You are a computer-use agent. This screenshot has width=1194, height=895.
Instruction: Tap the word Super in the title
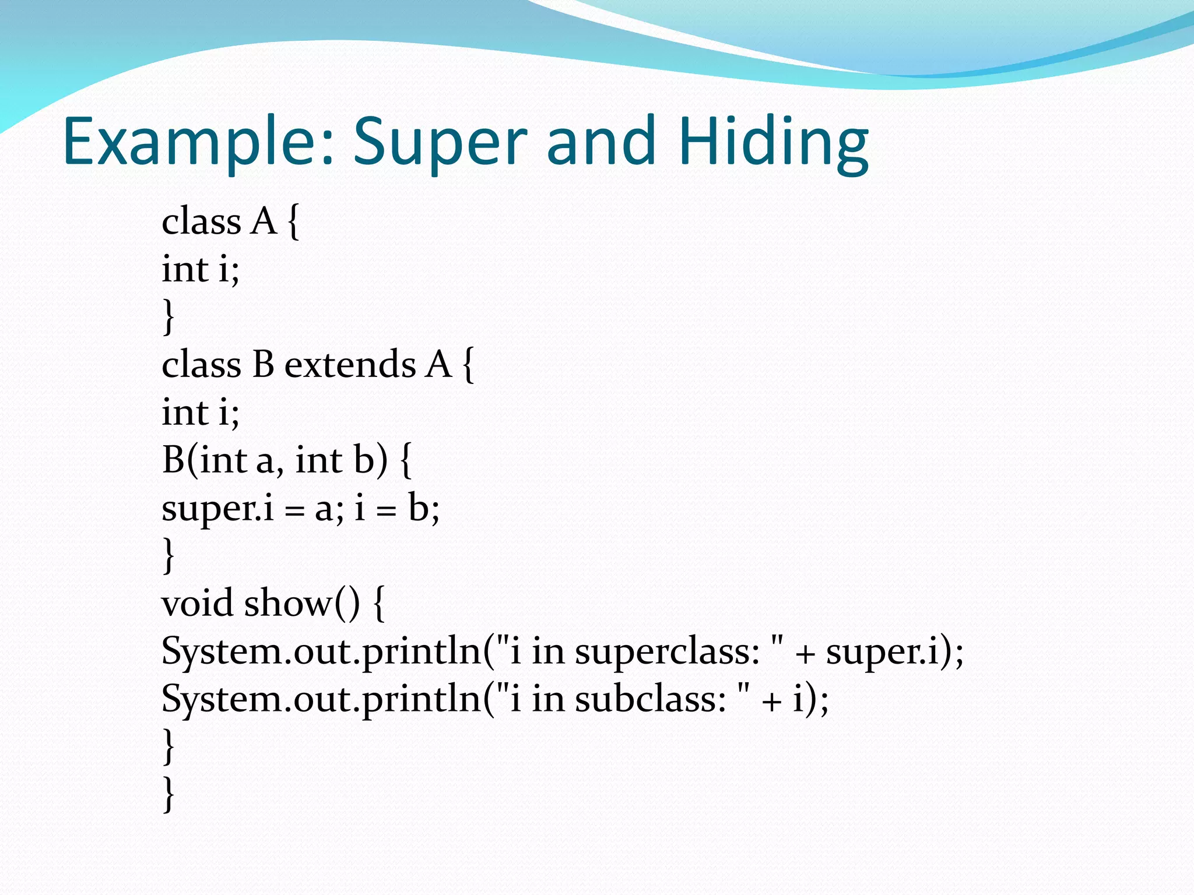440,143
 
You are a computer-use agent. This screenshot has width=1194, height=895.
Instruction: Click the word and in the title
601,143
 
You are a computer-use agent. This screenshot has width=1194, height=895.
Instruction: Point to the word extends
350,365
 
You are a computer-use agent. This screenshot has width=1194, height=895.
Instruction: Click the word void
197,603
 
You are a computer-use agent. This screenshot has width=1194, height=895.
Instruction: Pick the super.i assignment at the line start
217,509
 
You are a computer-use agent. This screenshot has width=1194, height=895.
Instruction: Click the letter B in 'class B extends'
263,365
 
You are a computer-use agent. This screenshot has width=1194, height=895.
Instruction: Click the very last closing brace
168,794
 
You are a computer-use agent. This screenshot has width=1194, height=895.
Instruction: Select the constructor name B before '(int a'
173,460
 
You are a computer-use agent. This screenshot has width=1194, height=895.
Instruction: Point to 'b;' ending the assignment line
424,508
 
